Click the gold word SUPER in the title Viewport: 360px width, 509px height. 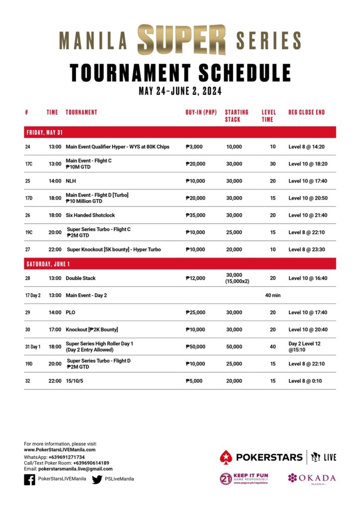pos(182,39)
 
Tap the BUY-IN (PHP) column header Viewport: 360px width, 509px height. pos(201,112)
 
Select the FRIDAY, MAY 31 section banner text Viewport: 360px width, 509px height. pos(44,133)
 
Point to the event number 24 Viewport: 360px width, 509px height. pos(27,147)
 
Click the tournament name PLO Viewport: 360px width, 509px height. pos(71,312)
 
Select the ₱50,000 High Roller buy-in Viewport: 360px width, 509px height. pos(195,347)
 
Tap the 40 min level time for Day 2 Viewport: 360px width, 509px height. pos(272,295)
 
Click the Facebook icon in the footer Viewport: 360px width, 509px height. pos(30,479)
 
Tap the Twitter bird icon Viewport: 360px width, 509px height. pos(97,479)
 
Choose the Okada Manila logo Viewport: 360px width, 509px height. pos(311,478)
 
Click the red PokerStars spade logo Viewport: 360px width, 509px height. pos(226,457)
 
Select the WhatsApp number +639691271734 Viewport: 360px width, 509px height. pos(66,457)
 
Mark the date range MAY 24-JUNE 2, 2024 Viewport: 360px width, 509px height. pos(180,91)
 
